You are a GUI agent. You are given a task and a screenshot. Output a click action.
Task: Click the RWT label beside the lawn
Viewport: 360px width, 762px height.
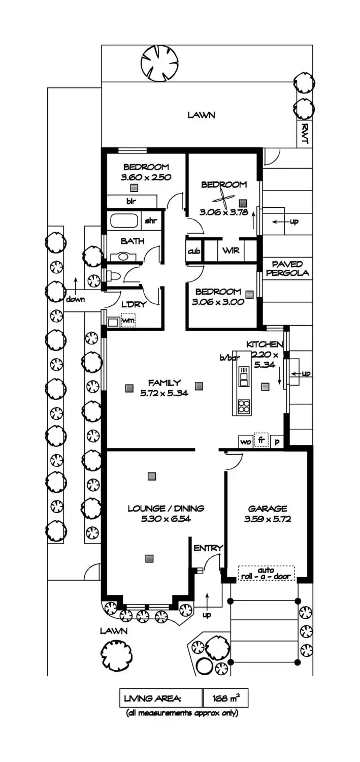click(x=304, y=134)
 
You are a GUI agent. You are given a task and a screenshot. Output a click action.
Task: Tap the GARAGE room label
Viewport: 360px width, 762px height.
click(x=267, y=509)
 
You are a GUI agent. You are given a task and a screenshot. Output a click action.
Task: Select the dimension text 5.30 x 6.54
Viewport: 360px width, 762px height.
click(x=166, y=519)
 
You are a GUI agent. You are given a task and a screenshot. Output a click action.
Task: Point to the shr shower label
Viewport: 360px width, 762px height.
click(x=151, y=221)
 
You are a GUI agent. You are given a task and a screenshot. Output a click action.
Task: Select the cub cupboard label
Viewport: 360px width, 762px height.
click(x=194, y=251)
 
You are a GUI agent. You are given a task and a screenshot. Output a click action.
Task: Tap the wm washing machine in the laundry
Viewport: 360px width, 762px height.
click(x=128, y=321)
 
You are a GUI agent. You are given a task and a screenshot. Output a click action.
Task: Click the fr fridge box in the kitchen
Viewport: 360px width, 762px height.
click(x=261, y=440)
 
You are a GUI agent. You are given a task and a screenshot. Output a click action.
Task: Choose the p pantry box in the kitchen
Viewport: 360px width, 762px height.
click(x=277, y=441)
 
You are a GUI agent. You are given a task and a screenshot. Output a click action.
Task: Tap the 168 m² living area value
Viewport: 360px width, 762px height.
click(x=225, y=698)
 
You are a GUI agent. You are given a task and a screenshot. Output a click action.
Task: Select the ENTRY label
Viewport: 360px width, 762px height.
click(x=208, y=548)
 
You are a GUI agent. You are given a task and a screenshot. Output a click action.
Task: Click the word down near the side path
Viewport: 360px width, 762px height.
click(x=75, y=299)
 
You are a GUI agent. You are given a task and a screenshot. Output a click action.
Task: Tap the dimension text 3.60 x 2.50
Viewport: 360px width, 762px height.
click(x=146, y=177)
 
